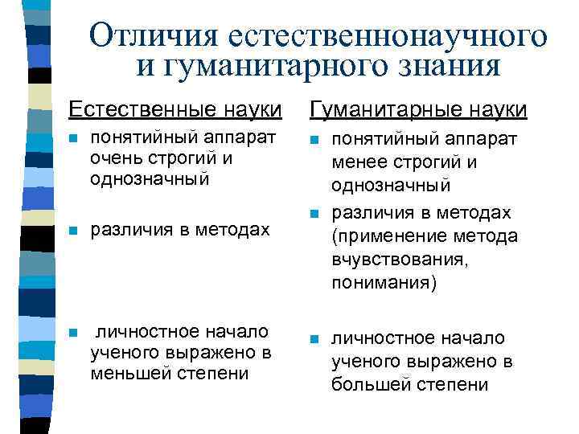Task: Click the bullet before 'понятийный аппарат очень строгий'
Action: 72,138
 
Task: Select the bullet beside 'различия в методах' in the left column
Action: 72,230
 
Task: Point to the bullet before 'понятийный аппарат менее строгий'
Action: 314,140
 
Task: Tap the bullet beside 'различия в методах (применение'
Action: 314,213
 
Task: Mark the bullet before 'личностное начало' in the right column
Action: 314,339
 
